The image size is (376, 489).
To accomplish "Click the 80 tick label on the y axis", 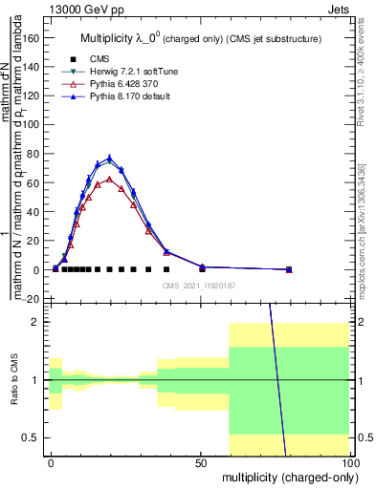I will coord(33,154).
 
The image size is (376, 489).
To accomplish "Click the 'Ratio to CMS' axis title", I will coord(13,380).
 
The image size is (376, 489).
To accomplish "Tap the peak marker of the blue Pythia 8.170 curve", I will coord(110,158).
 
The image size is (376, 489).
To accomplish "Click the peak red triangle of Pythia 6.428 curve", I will coord(110,179).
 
